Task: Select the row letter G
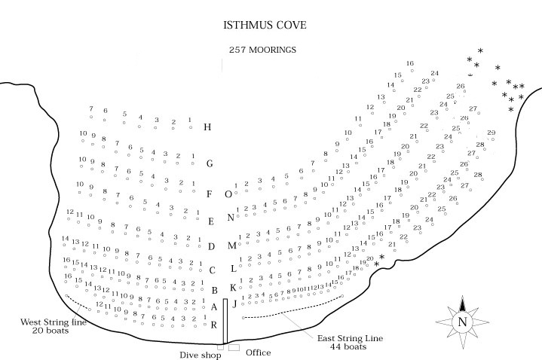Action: [x=210, y=163]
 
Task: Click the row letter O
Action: [x=228, y=194]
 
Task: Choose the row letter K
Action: [x=233, y=287]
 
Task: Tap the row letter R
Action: [x=214, y=325]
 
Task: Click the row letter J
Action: [x=234, y=304]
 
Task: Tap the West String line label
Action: [x=54, y=322]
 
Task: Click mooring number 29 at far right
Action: [x=491, y=133]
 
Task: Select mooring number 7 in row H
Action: [x=90, y=109]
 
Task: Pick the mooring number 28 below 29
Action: [x=479, y=145]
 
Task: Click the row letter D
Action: [x=212, y=246]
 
